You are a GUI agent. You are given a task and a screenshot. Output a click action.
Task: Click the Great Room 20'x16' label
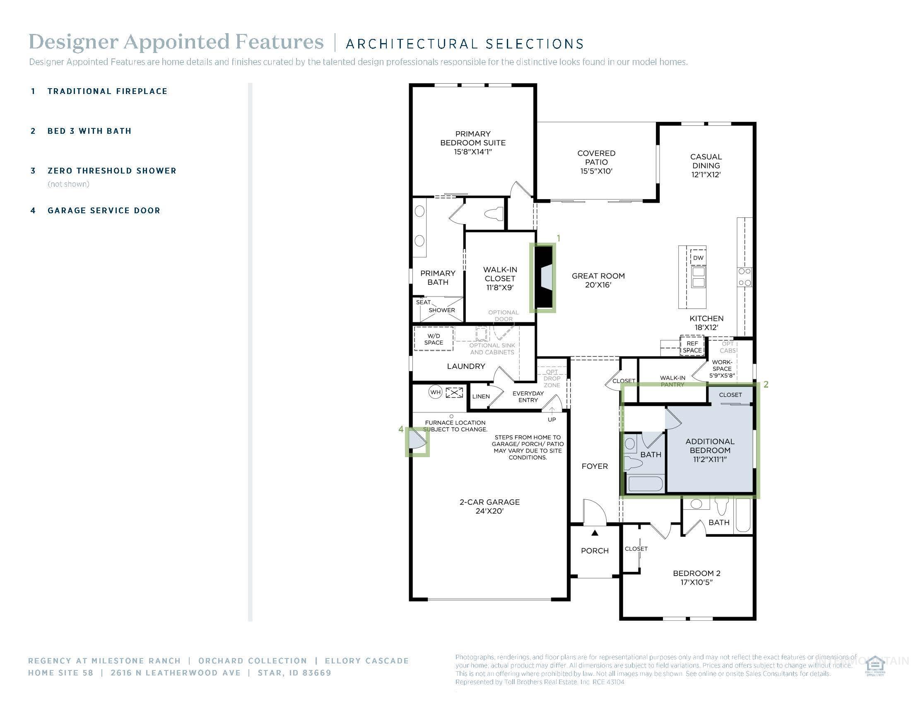pos(598,280)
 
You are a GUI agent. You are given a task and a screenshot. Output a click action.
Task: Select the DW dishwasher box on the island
pos(698,258)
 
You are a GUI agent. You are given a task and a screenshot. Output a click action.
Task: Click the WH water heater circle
pos(435,392)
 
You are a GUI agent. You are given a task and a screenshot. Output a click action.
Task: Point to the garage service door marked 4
pos(417,441)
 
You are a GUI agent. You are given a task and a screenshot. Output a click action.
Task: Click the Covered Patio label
pos(596,162)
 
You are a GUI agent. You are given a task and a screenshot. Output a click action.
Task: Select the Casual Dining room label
pos(706,166)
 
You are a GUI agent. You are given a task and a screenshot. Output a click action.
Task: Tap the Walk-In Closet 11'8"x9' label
pos(500,278)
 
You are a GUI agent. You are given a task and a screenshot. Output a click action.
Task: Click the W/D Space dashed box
pos(434,339)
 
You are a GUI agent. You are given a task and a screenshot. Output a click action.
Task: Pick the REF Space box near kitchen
pos(692,347)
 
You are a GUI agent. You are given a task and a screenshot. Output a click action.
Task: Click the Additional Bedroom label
pos(709,450)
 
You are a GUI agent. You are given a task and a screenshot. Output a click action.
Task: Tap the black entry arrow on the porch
pos(595,533)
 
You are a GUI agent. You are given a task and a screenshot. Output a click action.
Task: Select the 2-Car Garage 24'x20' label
pos(489,506)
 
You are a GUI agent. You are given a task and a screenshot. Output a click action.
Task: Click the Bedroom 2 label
pos(696,577)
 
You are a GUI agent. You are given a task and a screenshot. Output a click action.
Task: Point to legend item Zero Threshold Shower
pos(112,171)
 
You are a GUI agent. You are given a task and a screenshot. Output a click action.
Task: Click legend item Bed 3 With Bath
pos(89,131)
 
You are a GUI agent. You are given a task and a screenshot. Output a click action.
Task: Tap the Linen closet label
pos(480,396)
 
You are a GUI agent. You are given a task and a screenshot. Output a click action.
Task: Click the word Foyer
pos(594,466)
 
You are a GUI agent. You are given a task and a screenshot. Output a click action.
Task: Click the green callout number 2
pos(766,385)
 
